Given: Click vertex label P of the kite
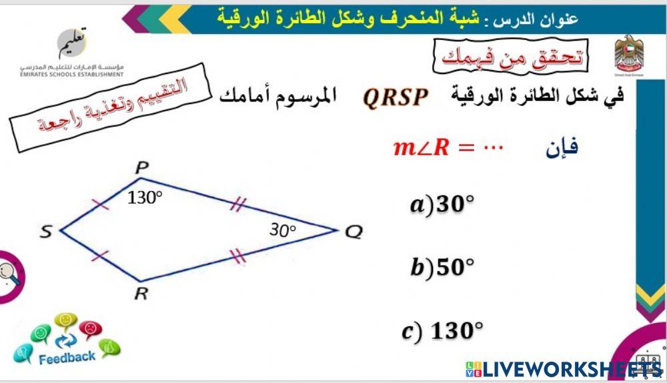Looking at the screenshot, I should coord(141,167).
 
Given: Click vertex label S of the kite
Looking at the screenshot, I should coord(46,232).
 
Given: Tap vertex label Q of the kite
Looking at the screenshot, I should coord(354,232).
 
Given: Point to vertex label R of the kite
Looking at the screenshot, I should coord(141,294).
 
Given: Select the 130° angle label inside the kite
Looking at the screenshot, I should coord(145,197).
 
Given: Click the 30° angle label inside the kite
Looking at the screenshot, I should coord(282,230).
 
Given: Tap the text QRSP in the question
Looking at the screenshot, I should coord(395,97).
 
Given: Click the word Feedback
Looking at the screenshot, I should coord(67,358).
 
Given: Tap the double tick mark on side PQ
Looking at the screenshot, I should coord(237,205).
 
